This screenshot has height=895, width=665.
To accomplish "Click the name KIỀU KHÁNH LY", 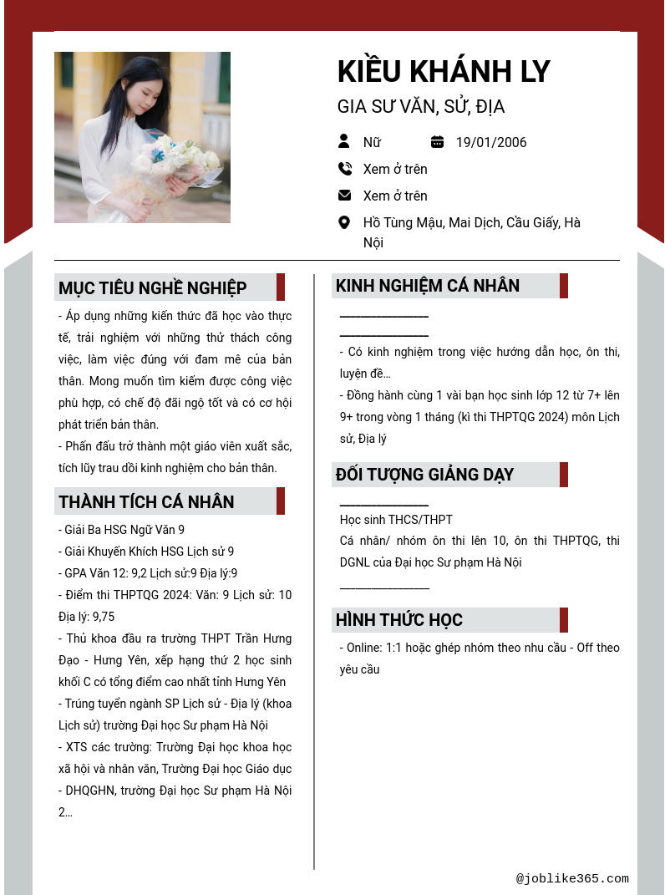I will [444, 72].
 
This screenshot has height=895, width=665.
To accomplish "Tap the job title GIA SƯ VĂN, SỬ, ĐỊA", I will [421, 107].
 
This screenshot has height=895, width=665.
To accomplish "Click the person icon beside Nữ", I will [344, 141].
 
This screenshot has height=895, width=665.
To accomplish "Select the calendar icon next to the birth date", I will [437, 141].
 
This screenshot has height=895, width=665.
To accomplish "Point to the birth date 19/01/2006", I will [491, 142].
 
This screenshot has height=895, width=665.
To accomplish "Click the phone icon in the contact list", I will [344, 169].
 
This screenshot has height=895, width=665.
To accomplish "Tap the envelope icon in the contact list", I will [344, 196].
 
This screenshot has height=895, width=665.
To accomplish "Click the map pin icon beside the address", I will [344, 222].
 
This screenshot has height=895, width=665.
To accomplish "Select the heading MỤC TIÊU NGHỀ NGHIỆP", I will [153, 288].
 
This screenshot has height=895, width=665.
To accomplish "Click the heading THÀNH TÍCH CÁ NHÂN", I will [146, 502].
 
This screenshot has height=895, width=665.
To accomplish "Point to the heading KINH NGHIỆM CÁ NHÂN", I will [428, 286].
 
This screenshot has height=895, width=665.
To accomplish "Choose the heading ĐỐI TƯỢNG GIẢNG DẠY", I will [424, 475].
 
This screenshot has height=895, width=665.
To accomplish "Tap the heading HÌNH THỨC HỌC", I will [398, 620].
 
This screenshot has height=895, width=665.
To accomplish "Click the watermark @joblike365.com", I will [572, 878].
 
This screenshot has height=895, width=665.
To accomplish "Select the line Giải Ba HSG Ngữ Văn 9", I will [122, 530].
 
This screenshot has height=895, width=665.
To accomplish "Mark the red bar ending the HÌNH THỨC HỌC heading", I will [564, 620].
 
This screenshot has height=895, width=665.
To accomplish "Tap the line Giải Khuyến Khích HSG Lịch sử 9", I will [146, 552].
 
